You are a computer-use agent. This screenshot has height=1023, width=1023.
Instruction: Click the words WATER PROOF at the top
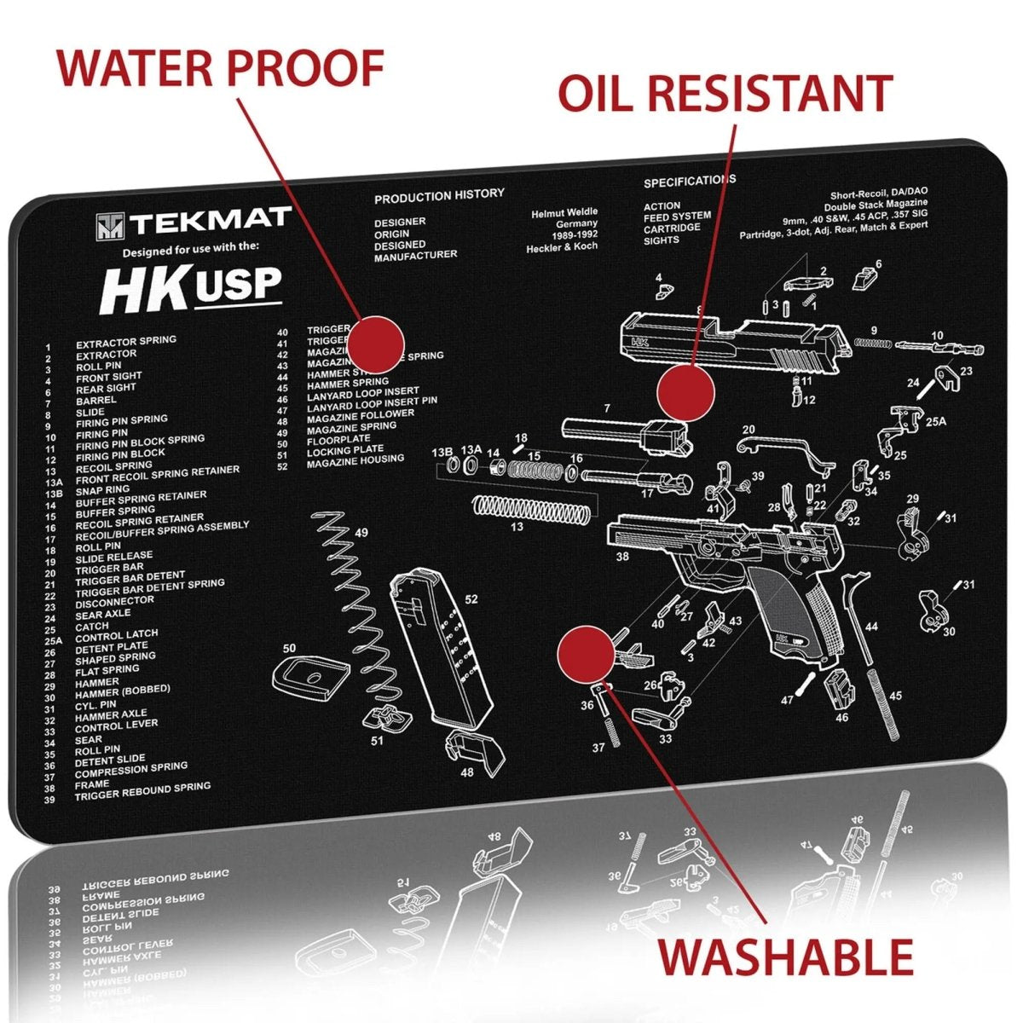[x=220, y=68]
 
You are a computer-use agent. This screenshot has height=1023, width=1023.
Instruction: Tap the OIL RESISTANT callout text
[x=725, y=93]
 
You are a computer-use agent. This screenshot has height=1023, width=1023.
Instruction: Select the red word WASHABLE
[x=785, y=957]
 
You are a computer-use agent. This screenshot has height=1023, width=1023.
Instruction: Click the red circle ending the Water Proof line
[x=376, y=344]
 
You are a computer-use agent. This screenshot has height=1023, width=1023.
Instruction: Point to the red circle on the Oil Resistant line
[x=685, y=392]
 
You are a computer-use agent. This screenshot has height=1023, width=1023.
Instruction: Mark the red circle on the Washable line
[x=585, y=654]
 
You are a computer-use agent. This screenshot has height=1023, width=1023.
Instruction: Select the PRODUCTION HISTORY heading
[x=439, y=195]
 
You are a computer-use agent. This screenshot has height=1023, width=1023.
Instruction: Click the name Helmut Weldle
[x=564, y=212]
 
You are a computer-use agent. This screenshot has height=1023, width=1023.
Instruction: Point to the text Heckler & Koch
[x=562, y=246]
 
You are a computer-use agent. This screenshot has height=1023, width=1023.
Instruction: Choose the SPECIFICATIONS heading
[x=689, y=181]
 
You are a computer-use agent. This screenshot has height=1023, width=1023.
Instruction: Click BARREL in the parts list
[x=96, y=400]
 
